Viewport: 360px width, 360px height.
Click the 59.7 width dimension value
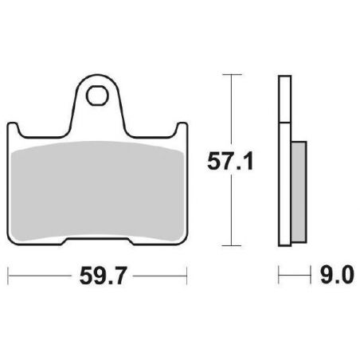pos(102,276)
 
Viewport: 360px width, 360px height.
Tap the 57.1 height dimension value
pos(230,161)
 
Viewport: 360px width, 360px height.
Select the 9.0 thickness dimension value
pos(337,275)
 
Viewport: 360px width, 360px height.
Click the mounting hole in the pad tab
pos(97,96)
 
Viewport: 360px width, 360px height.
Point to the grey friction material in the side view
pos(299,192)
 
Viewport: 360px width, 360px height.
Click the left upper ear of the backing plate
pos(13,127)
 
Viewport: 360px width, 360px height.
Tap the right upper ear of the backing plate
pos(182,127)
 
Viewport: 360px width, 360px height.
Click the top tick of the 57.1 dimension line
pos(232,74)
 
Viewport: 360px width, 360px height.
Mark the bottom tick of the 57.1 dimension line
pos(232,245)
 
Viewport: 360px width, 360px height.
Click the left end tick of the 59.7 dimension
pos(8,276)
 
